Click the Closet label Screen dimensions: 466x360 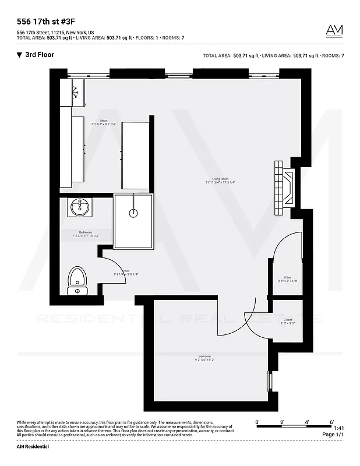[x=288, y=320]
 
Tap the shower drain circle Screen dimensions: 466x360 [x=133, y=213]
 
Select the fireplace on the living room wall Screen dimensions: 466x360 [x=285, y=186]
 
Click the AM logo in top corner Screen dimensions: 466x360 [x=334, y=30]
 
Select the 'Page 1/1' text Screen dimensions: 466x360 [x=333, y=435]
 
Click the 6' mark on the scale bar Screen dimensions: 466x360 [x=331, y=422]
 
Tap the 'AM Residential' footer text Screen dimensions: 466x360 [x=33, y=447]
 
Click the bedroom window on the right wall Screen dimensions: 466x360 [x=269, y=381]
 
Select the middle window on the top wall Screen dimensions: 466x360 [x=178, y=76]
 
